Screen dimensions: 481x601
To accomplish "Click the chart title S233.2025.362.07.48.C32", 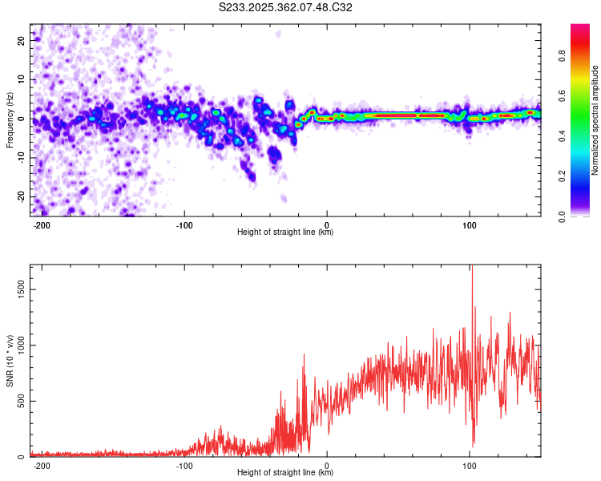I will click(x=286, y=7).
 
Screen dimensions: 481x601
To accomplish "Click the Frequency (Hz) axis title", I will click(x=10, y=120).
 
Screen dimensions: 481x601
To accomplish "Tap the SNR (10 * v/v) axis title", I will click(x=10, y=361).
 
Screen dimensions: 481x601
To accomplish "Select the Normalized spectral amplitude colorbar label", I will click(x=595, y=120).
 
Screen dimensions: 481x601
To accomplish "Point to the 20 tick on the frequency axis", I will click(x=22, y=39).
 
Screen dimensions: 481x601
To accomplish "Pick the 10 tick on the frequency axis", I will click(x=22, y=79).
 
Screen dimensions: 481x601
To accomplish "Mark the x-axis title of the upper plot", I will click(x=285, y=232).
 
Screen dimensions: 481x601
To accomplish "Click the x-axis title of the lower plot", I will click(x=285, y=472).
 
